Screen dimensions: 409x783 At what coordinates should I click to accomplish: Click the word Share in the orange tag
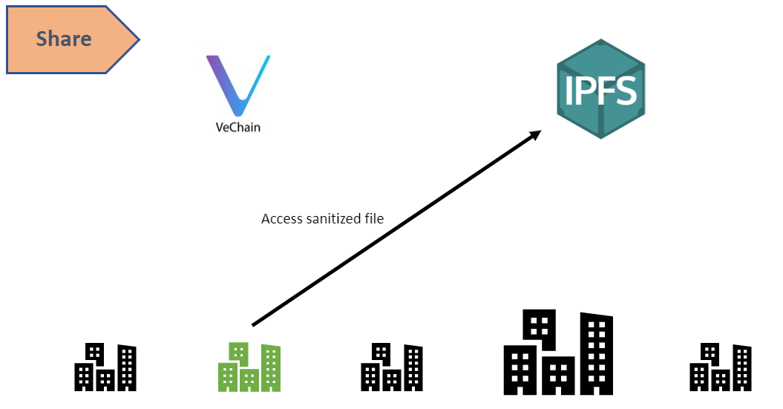point(64,39)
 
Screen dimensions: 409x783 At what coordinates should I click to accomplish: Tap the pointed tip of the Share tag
point(137,39)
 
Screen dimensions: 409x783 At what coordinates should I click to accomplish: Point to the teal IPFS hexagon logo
point(600,90)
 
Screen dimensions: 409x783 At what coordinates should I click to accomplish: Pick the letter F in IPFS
point(605,91)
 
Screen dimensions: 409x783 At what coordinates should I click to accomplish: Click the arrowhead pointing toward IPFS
point(536,136)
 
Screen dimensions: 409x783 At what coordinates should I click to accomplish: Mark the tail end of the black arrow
point(254,324)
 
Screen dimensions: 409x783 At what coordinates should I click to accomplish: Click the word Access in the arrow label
point(282,219)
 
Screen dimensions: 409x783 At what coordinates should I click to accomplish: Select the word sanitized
point(333,219)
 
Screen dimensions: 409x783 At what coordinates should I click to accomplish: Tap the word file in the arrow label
point(374,219)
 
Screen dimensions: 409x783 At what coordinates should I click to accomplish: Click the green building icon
point(249,367)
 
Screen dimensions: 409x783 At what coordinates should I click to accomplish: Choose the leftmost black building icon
point(105,367)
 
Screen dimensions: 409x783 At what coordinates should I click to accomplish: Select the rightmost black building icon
point(721,367)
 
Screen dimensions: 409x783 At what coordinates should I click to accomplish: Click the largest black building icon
point(558,353)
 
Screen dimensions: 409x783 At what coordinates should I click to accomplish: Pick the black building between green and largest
point(392,367)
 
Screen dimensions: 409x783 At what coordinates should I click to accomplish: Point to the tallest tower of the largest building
point(597,353)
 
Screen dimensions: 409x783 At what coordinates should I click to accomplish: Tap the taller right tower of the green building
point(271,367)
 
